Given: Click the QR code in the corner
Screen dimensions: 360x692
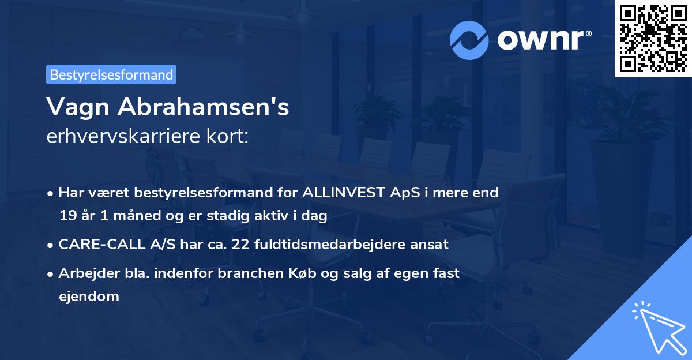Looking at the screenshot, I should click(x=653, y=39).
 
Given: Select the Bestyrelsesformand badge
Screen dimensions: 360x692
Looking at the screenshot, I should click(x=111, y=74).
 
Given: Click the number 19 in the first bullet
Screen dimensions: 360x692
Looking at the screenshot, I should click(x=66, y=216).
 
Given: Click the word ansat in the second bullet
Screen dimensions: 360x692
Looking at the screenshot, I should click(x=429, y=244).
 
